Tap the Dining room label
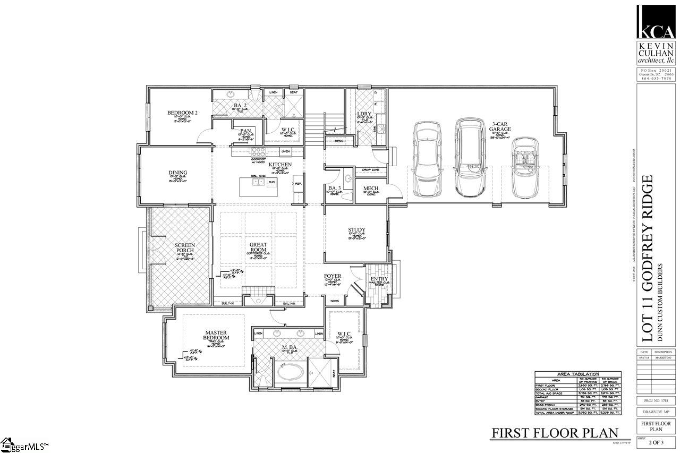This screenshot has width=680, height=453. (x=178, y=173)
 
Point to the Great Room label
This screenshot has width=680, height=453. (x=258, y=247)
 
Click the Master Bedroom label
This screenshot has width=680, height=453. (x=217, y=336)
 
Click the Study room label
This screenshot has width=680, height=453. (x=357, y=230)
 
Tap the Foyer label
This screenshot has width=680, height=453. (x=333, y=276)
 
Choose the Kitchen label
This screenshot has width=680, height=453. (x=279, y=165)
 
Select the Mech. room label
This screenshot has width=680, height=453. (x=370, y=189)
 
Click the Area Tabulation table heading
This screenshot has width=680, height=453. (x=577, y=374)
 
